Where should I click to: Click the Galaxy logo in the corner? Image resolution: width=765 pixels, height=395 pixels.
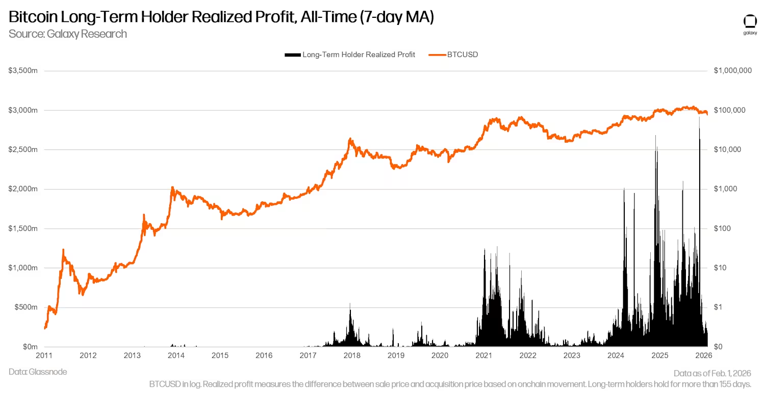[x=750, y=24]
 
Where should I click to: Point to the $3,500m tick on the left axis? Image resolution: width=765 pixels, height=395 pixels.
[x=23, y=71]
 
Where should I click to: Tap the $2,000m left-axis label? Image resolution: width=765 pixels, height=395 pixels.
[x=23, y=189]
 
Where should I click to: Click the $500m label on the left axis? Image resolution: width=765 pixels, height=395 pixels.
[x=25, y=307]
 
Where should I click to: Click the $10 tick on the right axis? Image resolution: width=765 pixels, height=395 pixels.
[x=720, y=268]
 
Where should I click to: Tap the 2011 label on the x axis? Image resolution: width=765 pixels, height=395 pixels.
[x=45, y=355]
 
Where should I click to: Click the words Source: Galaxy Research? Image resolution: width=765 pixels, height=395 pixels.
[x=68, y=34]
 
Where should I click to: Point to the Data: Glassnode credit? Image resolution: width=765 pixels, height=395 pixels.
[x=38, y=372]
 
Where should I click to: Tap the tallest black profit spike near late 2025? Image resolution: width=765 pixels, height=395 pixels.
[x=699, y=120]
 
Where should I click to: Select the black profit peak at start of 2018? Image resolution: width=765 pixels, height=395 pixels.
[x=350, y=305]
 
